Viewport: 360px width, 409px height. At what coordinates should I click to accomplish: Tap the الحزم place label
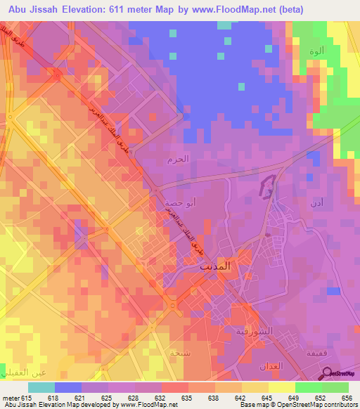[x=179, y=160]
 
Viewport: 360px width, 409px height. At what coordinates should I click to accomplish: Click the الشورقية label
[x=251, y=332]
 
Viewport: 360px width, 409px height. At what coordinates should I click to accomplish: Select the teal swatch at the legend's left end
[x=41, y=387]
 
